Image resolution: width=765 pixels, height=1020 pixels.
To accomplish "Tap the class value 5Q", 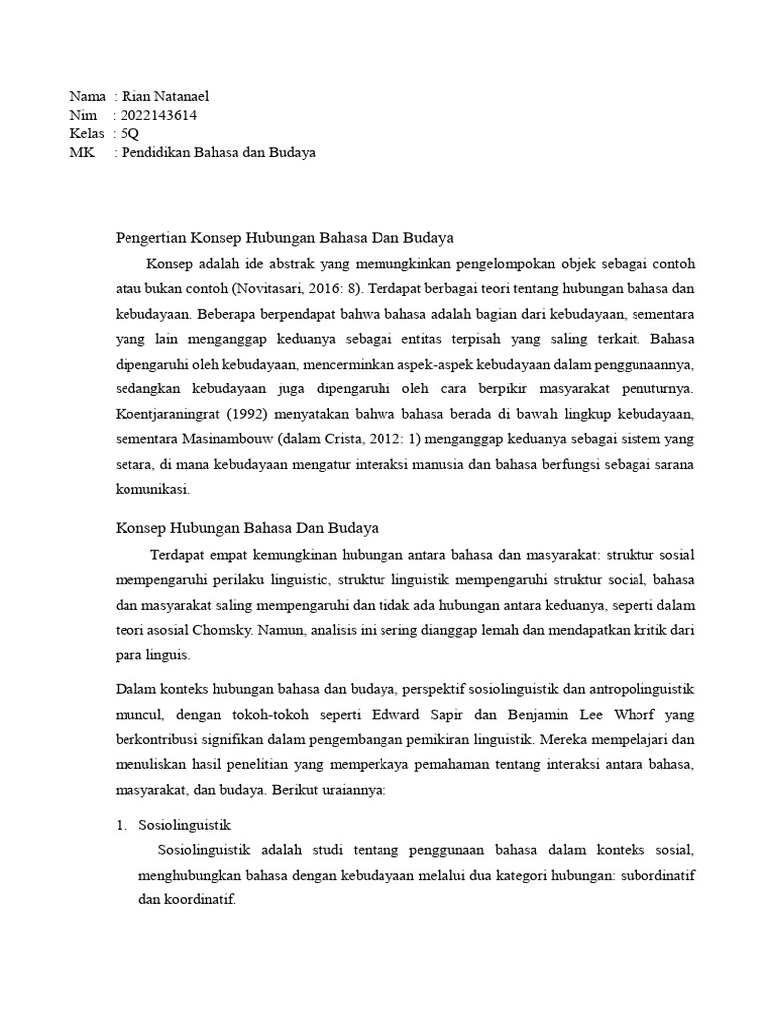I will (x=129, y=133).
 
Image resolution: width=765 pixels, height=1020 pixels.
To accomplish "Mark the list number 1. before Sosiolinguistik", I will (x=121, y=825).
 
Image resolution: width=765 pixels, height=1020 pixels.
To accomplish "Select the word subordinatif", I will (x=654, y=875).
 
